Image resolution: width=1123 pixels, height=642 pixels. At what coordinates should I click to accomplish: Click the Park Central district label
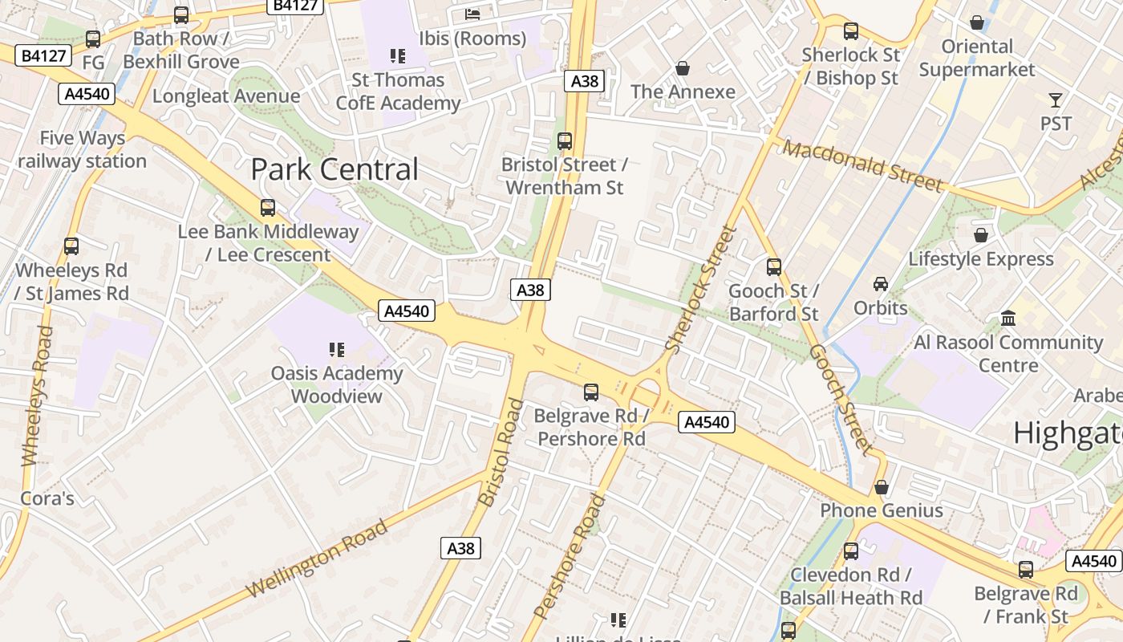(x=334, y=169)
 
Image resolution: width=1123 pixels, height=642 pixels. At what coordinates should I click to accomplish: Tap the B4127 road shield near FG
(x=43, y=55)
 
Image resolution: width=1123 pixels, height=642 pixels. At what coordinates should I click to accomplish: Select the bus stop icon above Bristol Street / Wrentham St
(x=565, y=141)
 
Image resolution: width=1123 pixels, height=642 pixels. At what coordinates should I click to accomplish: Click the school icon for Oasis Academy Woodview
(x=337, y=349)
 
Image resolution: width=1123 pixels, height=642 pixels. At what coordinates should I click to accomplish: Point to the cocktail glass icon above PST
(x=1055, y=100)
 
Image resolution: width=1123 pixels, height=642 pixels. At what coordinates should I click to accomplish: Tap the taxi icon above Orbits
(x=881, y=283)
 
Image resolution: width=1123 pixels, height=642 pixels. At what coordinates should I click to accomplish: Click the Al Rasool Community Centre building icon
(x=1008, y=319)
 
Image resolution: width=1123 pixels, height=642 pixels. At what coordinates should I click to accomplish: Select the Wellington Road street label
(x=317, y=559)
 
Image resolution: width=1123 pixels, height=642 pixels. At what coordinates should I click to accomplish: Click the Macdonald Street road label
(x=863, y=166)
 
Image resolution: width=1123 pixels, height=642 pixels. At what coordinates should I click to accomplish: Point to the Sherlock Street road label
(x=701, y=289)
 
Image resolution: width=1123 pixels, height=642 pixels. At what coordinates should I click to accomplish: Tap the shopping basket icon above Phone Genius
(x=882, y=487)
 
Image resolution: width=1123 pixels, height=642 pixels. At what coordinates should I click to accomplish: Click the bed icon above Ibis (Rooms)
(x=472, y=14)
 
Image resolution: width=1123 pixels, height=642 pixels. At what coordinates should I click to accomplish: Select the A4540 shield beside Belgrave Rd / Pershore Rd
(x=706, y=422)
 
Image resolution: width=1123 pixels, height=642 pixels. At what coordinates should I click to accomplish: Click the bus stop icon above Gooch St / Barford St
(x=774, y=267)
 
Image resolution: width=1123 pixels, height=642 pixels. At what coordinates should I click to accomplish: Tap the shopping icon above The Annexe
(x=683, y=68)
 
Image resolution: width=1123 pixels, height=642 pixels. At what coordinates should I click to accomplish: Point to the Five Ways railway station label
(x=82, y=149)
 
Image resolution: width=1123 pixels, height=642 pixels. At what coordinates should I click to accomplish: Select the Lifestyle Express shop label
(x=980, y=259)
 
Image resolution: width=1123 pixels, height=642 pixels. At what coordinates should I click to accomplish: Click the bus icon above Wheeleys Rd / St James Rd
(x=71, y=246)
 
